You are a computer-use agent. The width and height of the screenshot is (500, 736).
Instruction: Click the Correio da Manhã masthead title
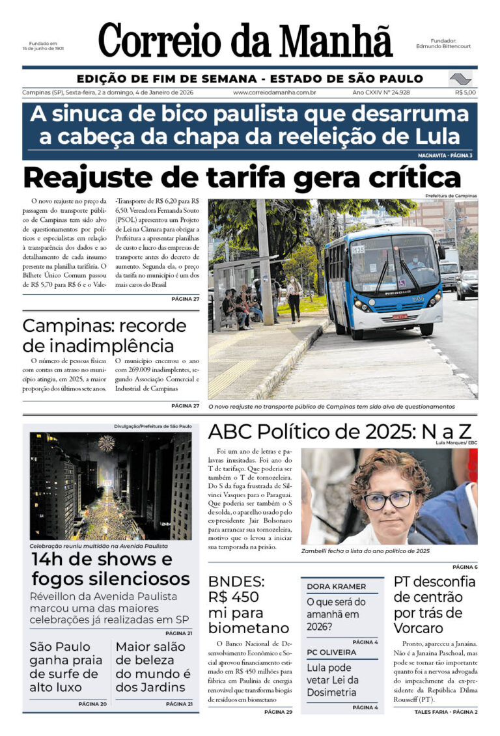coord(245,40)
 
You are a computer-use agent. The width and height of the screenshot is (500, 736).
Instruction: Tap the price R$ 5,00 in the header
coord(465,92)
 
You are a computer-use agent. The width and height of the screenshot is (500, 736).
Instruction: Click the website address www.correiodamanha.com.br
coord(274,92)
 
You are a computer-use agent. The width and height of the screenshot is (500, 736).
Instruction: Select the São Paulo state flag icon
coord(460,79)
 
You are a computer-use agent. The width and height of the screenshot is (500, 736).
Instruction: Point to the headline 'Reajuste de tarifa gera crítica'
coord(242,177)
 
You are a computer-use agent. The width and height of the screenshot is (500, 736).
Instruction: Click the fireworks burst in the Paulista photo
coord(106,443)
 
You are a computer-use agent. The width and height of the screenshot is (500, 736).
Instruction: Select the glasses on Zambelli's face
coord(388,500)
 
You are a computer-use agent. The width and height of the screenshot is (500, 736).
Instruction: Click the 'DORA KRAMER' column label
coord(337,586)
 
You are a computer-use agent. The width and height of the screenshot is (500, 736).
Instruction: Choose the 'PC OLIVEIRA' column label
coord(331,652)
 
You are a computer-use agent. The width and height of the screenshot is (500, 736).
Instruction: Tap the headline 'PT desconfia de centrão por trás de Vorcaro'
coord(434,605)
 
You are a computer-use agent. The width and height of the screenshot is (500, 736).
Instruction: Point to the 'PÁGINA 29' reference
coord(278,712)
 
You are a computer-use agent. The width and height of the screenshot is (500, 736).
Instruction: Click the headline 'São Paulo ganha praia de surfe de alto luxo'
coord(64,667)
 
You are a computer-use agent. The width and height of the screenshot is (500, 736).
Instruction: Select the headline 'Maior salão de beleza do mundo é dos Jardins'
coord(154,667)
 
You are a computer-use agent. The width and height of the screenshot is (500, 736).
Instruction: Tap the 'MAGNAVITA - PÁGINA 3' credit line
coord(445,156)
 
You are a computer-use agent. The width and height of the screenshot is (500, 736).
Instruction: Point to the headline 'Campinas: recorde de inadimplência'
coord(98,335)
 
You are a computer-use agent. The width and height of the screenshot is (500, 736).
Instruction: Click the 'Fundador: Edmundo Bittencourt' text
coord(444,44)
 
